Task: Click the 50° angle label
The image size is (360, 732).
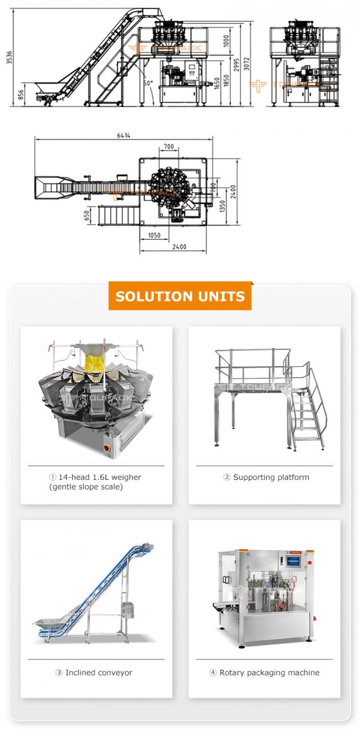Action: [x=148, y=83]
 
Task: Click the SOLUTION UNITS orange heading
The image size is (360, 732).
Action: [x=180, y=296]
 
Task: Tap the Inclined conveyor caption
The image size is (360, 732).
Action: [x=94, y=673]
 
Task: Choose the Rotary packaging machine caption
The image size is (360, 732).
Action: [x=264, y=673]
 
